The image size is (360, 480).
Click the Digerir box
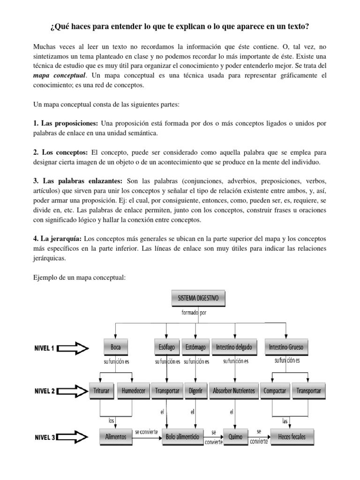click(x=195, y=390)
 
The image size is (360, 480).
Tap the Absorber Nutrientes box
click(x=234, y=390)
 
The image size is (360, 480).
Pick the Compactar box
click(x=275, y=390)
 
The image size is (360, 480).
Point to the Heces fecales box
click(x=291, y=437)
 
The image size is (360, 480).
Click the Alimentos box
click(x=116, y=437)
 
